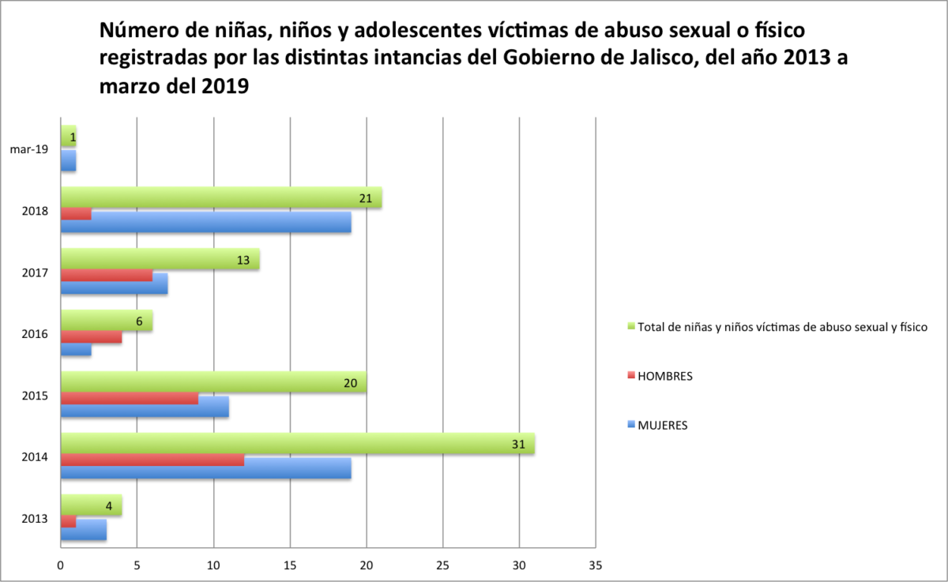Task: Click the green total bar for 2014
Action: point(297,445)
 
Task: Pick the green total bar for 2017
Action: point(160,260)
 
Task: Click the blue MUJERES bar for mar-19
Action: point(69,161)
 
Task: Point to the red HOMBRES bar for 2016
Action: point(91,337)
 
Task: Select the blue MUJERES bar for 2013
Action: point(83,530)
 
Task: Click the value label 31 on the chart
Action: point(519,445)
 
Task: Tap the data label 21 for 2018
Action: point(366,199)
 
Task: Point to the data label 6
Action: point(139,322)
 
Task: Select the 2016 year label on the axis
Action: point(36,334)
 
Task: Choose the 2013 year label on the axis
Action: point(36,519)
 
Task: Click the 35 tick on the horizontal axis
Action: point(595,565)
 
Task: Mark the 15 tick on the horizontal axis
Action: point(290,565)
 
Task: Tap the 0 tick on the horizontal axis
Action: point(61,565)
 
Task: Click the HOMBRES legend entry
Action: point(664,376)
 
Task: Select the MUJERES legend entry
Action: point(662,425)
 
